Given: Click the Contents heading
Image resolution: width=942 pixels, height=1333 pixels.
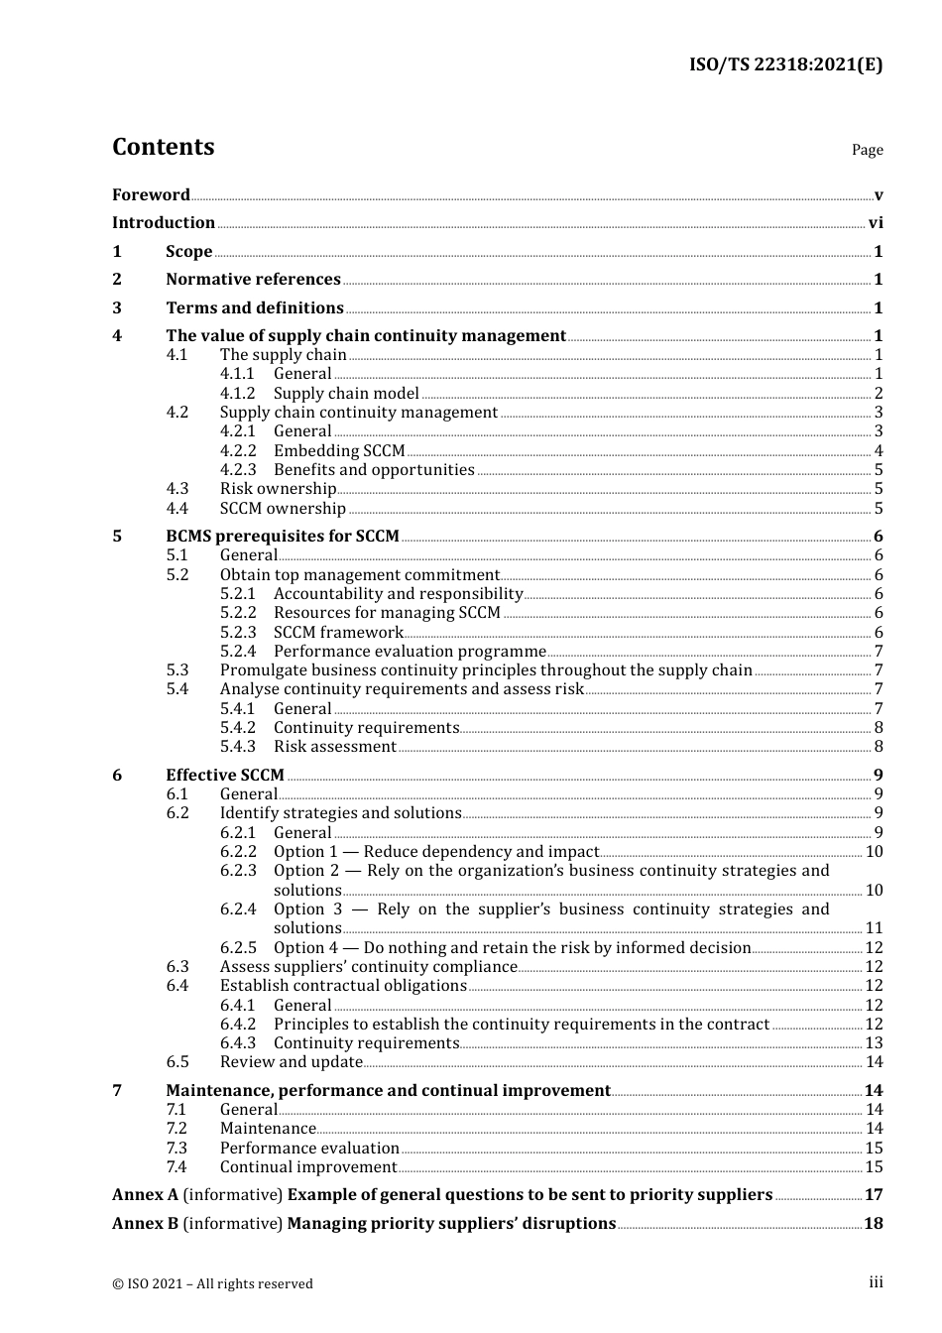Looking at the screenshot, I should coord(163,147).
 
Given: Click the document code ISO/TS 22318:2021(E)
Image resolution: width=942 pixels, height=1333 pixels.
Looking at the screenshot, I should coord(785,64).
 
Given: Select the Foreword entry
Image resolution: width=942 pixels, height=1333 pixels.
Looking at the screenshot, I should coord(151,194).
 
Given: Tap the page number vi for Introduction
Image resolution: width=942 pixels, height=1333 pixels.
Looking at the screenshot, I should coord(876,223).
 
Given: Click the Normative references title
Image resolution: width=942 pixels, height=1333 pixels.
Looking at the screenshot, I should coord(253,280).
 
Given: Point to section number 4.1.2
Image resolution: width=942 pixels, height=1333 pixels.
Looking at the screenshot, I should coord(237,394).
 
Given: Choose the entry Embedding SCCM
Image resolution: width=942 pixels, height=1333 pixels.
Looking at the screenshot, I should coord(339,451).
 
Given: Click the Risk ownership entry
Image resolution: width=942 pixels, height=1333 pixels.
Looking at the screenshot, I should coord(278,489).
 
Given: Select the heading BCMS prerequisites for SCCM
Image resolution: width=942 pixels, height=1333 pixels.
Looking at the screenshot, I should coord(282,537).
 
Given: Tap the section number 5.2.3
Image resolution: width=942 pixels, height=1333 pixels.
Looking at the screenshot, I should coord(237,633).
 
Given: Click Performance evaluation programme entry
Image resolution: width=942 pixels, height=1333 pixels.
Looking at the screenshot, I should coord(410,652).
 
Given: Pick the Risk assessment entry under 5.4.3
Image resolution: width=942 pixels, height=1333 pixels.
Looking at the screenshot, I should coord(334,747).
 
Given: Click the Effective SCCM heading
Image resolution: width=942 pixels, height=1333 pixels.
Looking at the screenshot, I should coord(224,776).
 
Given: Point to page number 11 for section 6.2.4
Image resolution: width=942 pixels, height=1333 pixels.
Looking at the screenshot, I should coord(874,928).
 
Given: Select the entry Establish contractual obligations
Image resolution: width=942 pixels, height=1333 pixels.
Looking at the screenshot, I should coord(343,986).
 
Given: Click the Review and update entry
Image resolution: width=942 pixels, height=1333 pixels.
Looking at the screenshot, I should coord(291,1062).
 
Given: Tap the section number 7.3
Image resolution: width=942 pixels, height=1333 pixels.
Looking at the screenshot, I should coord(177,1149).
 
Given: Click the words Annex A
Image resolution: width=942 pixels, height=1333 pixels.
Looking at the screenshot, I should coord(145,1195).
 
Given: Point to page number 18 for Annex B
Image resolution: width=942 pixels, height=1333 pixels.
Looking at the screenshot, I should coord(874,1224).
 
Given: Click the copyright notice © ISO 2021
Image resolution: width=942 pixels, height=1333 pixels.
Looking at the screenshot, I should coord(212,1283).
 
